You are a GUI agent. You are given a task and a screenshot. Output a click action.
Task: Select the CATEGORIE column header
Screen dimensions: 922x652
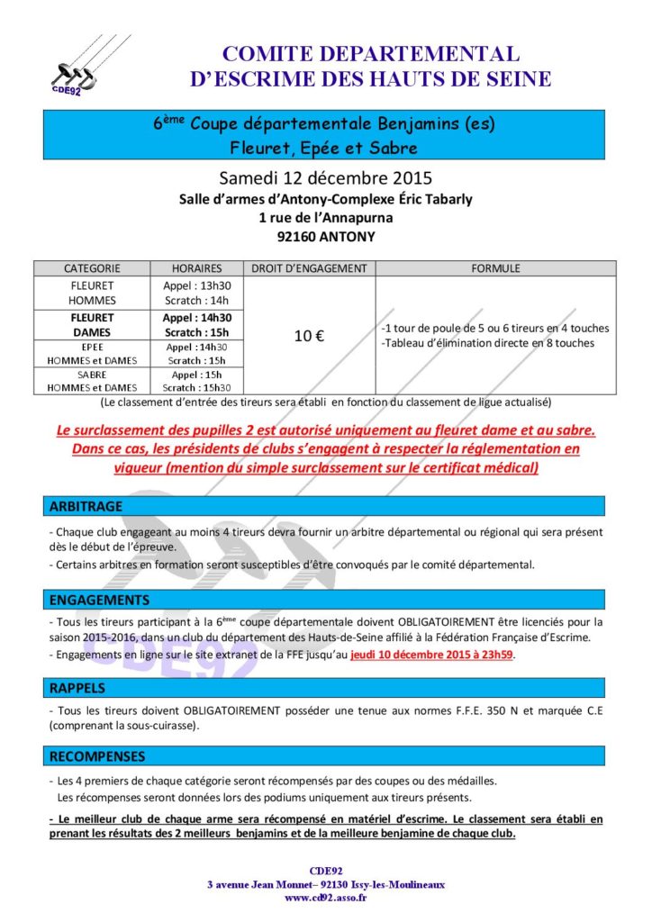(92, 268)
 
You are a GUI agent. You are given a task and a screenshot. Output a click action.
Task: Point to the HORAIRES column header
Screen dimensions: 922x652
(196, 268)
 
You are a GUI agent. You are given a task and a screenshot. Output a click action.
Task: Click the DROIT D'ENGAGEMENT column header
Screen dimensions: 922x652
(309, 268)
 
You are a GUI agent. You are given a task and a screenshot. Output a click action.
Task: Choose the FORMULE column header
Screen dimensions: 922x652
(494, 268)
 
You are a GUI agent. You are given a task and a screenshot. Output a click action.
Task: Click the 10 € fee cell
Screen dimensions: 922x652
(309, 336)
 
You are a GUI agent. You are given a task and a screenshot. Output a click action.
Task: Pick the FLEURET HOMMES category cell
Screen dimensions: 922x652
(92, 293)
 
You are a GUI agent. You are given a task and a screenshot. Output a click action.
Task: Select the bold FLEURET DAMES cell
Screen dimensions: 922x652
(92, 325)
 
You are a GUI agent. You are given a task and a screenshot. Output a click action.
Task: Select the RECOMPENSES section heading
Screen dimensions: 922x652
(97, 756)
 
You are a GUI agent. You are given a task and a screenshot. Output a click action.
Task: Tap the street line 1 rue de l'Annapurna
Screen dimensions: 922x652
(325, 218)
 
